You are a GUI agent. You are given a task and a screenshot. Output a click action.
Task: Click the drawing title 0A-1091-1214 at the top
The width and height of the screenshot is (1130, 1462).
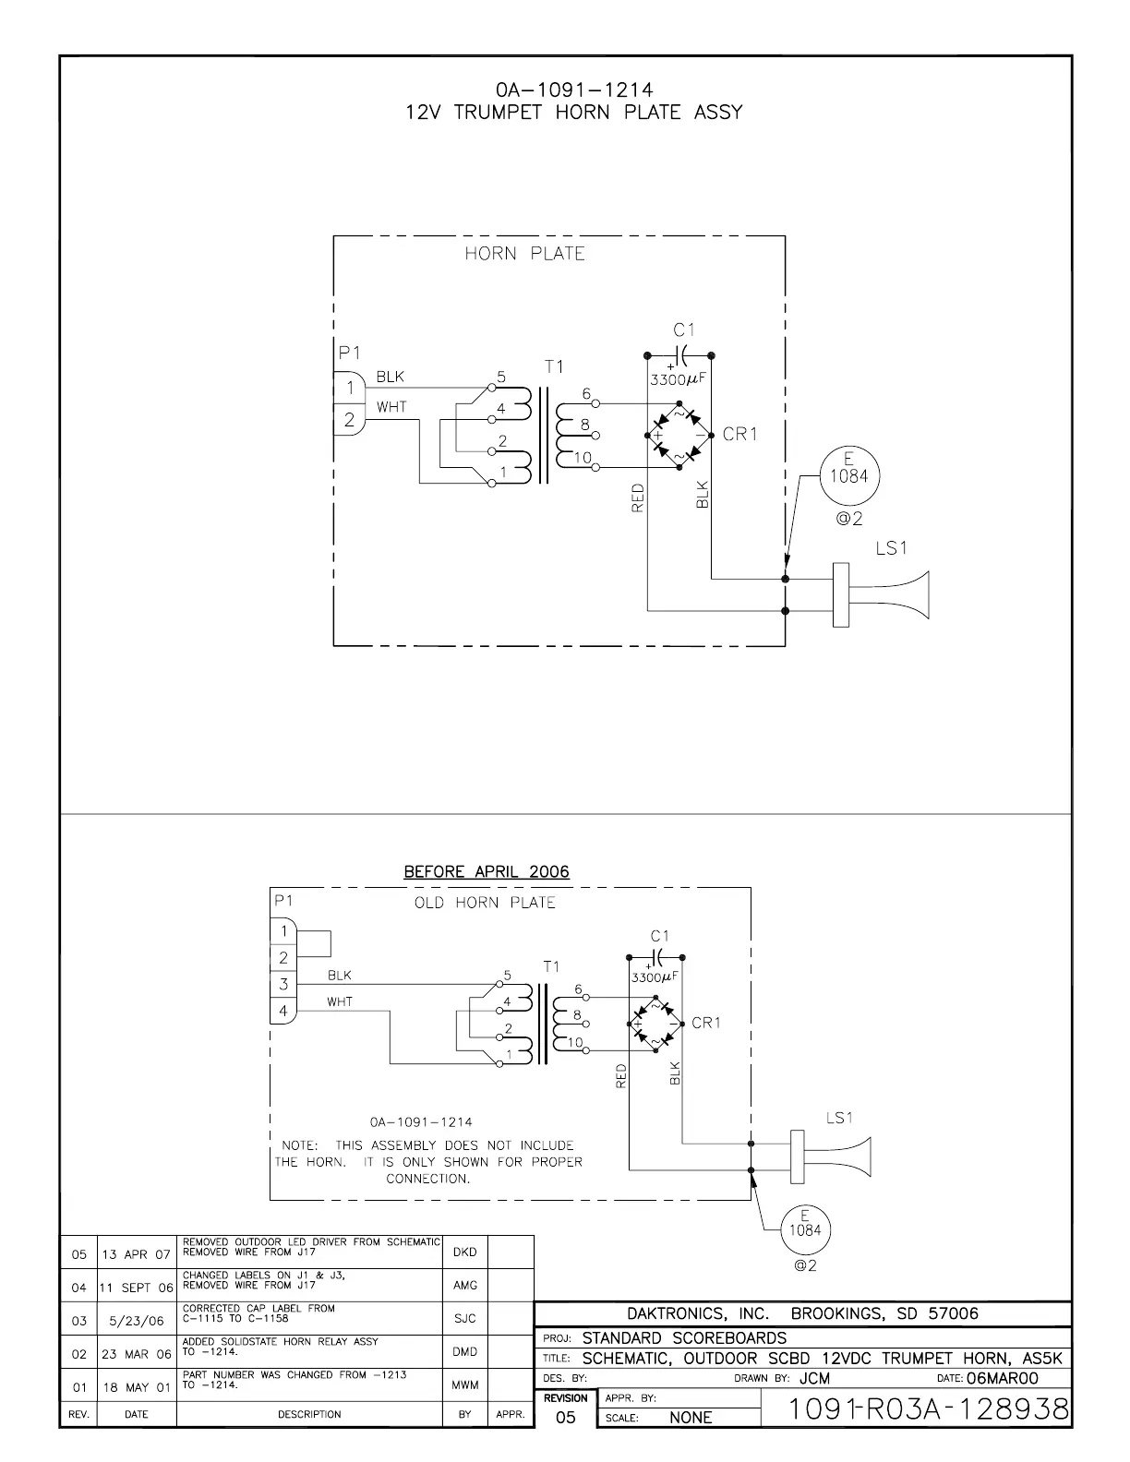pyautogui.click(x=573, y=90)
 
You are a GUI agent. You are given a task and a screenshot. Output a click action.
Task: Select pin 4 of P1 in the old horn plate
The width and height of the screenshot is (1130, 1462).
pyautogui.click(x=283, y=1011)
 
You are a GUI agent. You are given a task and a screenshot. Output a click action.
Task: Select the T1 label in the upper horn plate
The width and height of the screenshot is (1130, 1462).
pyautogui.click(x=553, y=366)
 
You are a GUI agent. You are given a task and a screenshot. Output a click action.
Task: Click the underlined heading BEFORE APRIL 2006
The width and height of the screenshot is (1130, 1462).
pyautogui.click(x=487, y=871)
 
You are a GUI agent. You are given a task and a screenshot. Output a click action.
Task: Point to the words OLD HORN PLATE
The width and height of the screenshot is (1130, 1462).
pyautogui.click(x=485, y=903)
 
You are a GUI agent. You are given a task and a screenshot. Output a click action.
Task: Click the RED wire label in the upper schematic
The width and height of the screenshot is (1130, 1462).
pyautogui.click(x=638, y=499)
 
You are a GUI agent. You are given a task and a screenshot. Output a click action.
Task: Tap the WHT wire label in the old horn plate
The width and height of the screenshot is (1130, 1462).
pyautogui.click(x=339, y=1001)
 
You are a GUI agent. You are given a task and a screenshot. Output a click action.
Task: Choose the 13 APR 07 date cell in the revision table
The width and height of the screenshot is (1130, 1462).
pyautogui.click(x=136, y=1254)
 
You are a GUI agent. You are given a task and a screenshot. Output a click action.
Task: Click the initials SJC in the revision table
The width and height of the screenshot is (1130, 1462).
pyautogui.click(x=465, y=1319)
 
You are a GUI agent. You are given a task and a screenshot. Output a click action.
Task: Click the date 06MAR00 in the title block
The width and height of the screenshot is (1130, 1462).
pyautogui.click(x=1002, y=1378)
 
